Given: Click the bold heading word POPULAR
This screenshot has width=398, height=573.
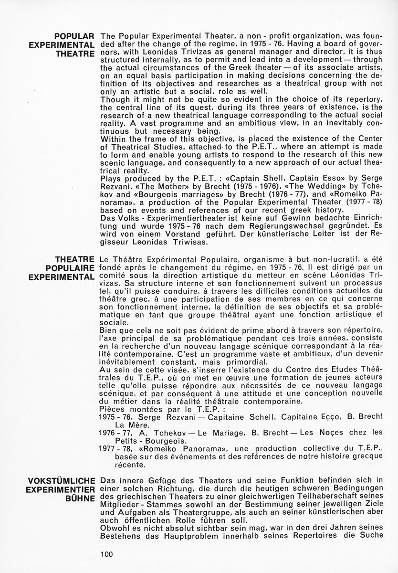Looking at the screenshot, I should click(76, 36).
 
